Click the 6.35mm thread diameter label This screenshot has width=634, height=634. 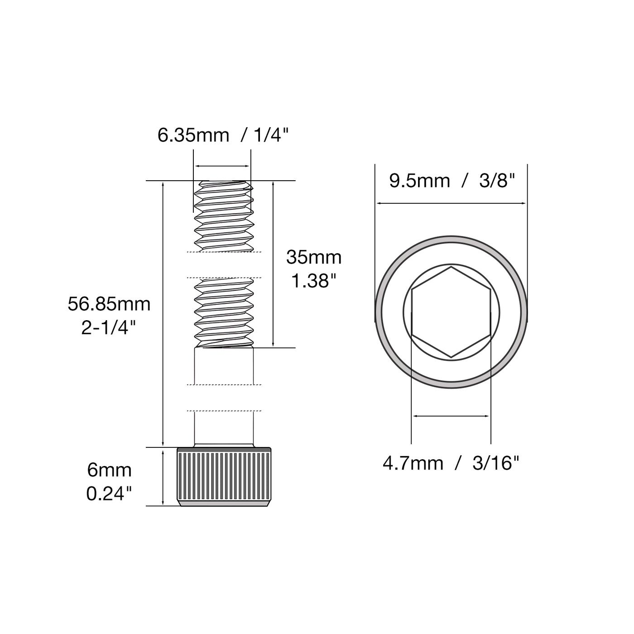193,135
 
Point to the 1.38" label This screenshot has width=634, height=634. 314,281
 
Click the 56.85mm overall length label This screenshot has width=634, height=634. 109,304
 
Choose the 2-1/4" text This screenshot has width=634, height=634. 109,328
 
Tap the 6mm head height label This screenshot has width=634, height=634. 109,470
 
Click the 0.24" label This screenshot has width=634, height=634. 109,494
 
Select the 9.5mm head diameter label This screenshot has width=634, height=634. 419,181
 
